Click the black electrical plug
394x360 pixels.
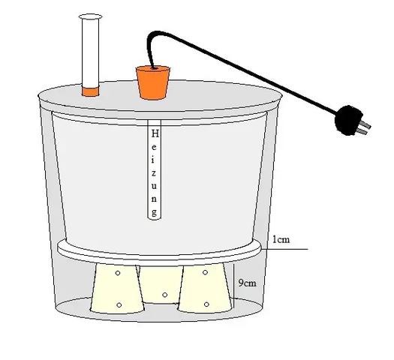(348, 120)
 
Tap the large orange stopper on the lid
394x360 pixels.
(153, 82)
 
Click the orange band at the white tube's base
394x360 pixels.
(91, 91)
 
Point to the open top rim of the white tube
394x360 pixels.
(91, 16)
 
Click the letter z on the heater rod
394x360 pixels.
(154, 173)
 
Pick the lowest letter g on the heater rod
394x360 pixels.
(154, 213)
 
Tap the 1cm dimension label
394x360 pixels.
(281, 239)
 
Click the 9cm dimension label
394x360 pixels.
(247, 283)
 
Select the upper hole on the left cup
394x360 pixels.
(118, 273)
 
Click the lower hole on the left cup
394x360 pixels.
(119, 305)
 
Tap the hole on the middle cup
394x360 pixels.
(164, 295)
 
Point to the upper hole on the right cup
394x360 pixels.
(205, 272)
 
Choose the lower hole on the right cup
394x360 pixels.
(206, 304)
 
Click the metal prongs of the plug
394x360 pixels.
(364, 127)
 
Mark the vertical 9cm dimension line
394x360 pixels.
(234, 286)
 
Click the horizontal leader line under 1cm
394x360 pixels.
(284, 249)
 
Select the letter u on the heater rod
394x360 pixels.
(154, 186)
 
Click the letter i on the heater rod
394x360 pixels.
(154, 160)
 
